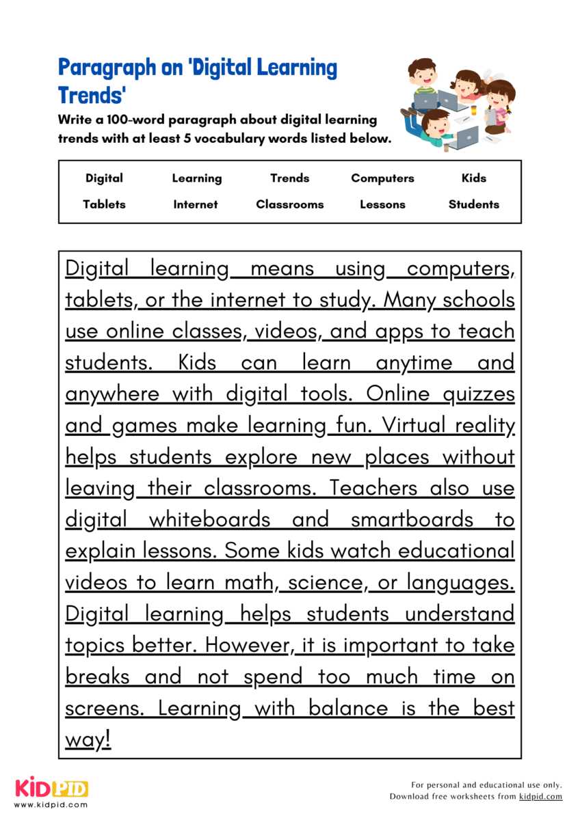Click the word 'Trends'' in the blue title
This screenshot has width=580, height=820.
click(92, 94)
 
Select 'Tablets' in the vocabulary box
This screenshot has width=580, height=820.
click(104, 204)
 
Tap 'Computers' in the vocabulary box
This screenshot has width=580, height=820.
click(382, 178)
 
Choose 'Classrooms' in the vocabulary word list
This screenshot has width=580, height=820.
click(290, 204)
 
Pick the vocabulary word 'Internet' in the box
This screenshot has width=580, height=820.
click(196, 204)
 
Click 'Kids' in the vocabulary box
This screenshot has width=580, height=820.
click(474, 178)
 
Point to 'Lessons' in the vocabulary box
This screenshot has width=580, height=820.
click(382, 204)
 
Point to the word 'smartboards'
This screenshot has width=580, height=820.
click(412, 520)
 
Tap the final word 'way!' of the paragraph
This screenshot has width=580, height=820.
click(88, 740)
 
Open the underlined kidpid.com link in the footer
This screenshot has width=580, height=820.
click(540, 797)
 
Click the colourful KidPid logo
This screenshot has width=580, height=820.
click(51, 789)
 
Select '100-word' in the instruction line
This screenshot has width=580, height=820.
click(126, 120)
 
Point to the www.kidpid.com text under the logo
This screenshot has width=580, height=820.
click(51, 805)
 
